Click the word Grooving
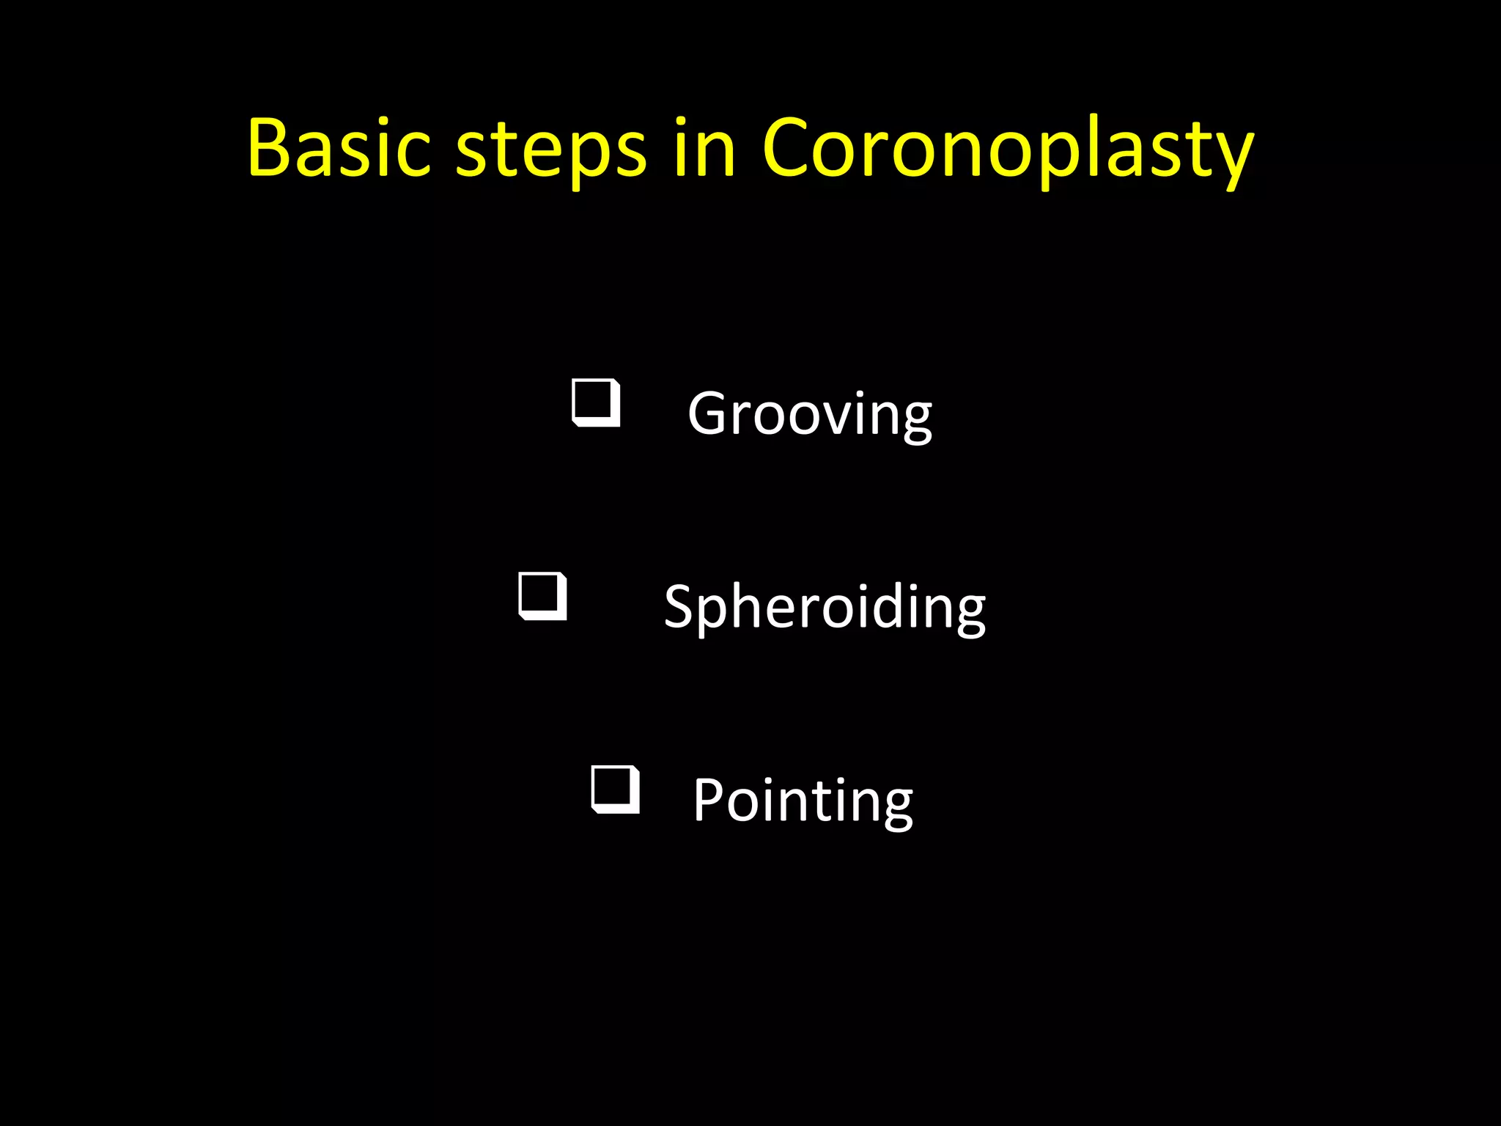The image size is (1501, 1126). click(x=809, y=415)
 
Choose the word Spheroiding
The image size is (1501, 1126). click(x=825, y=608)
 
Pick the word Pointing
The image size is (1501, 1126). click(x=803, y=801)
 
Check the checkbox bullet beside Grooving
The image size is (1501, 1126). click(x=596, y=402)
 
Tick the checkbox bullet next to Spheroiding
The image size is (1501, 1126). click(x=542, y=596)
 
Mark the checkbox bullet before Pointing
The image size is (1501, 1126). click(x=615, y=790)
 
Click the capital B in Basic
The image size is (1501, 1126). click(x=271, y=148)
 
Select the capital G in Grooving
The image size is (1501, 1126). click(x=708, y=413)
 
